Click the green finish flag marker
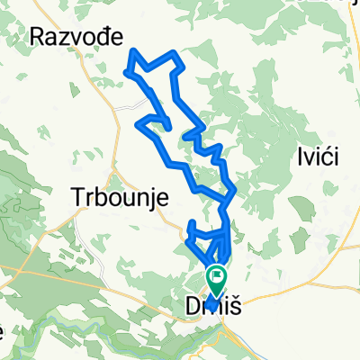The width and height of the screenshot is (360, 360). pyautogui.click(x=217, y=276)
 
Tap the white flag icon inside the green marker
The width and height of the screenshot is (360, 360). pyautogui.click(x=217, y=274)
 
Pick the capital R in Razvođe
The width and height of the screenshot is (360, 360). pyautogui.click(x=38, y=36)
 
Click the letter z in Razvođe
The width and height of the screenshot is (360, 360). pyautogui.click(x=65, y=38)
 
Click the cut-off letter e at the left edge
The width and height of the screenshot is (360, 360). pyautogui.click(x=3, y=331)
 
